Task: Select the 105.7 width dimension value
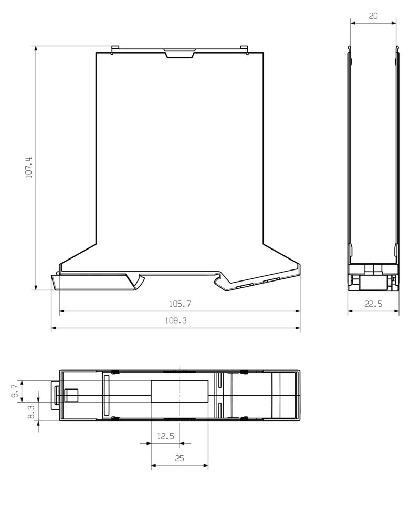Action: coord(179,304)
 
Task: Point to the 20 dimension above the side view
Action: coord(373,16)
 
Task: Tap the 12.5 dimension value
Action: coord(165,436)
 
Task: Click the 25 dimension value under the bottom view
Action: coord(180,458)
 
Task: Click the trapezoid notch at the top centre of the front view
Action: coord(179,53)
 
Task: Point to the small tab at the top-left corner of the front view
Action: coord(114,49)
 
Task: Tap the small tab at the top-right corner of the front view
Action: coord(244,49)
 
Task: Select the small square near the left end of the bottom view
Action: coord(70,395)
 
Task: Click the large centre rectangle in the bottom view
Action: coord(180,391)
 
